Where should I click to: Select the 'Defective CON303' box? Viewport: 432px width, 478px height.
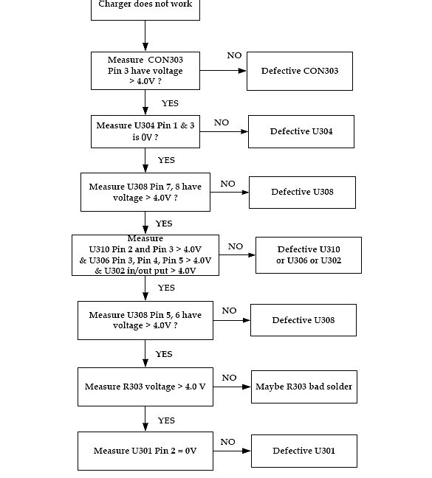click(299, 72)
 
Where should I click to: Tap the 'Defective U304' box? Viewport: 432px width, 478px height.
click(301, 132)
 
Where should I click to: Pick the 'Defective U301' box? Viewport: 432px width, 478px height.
click(304, 451)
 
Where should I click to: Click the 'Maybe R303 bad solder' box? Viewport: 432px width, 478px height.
click(304, 387)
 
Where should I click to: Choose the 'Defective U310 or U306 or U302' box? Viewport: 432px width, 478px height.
click(308, 255)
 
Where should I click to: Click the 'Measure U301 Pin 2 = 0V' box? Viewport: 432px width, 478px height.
click(145, 451)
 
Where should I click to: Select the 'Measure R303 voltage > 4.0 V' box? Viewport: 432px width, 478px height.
click(145, 387)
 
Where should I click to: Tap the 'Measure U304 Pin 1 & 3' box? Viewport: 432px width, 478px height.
click(145, 131)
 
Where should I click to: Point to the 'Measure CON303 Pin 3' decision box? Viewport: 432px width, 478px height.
click(145, 71)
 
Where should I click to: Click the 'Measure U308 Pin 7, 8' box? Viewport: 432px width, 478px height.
click(145, 193)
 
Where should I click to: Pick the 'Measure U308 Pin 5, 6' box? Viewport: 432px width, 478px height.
click(145, 320)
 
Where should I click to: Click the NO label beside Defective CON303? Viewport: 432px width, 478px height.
click(234, 55)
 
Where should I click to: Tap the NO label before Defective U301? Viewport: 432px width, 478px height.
click(227, 442)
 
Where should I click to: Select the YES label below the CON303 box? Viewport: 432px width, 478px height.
click(170, 103)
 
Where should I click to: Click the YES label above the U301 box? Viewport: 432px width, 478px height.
click(166, 420)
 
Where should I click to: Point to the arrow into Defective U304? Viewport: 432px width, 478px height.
click(224, 132)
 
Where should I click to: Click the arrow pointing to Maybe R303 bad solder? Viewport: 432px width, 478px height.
click(233, 387)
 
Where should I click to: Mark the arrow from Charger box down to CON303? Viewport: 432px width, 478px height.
click(145, 36)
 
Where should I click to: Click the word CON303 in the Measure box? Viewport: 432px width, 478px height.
click(165, 60)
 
